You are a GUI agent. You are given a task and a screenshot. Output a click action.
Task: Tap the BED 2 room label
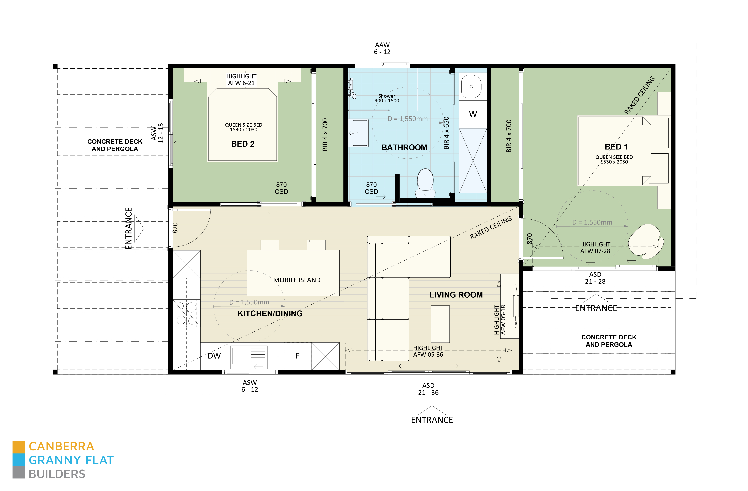click(243, 144)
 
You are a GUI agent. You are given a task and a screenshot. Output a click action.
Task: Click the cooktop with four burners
click(186, 313)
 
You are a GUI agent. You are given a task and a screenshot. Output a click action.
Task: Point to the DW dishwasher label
click(214, 356)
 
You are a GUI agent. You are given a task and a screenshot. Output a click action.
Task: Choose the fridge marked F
click(297, 356)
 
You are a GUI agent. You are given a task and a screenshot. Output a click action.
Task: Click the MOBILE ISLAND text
click(297, 280)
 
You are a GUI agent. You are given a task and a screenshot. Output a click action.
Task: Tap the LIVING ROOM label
click(456, 295)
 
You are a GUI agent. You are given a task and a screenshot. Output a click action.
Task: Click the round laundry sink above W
click(471, 87)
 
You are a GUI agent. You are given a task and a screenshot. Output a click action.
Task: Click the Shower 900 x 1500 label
click(387, 98)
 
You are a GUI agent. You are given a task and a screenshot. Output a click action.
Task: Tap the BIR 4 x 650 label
click(446, 133)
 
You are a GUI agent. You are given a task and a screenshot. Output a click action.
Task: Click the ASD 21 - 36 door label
click(428, 389)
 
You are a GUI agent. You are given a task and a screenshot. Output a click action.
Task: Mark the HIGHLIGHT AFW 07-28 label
click(595, 248)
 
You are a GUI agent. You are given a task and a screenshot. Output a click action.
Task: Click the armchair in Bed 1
click(646, 241)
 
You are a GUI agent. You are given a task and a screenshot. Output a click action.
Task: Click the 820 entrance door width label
click(175, 228)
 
